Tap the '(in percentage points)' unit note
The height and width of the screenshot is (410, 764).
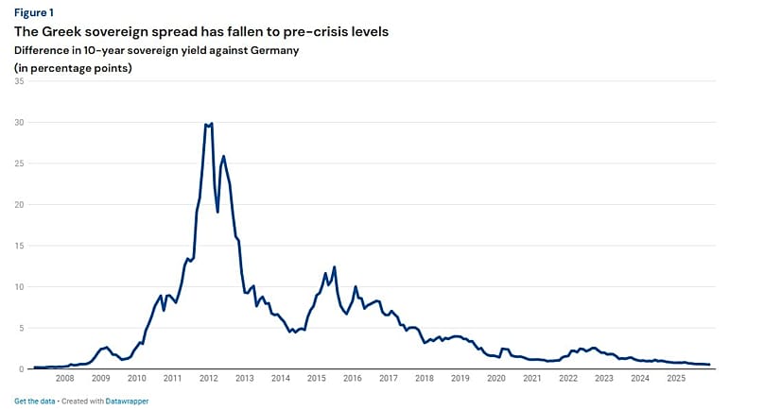pos(73,68)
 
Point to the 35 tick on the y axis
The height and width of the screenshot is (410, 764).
pos(20,81)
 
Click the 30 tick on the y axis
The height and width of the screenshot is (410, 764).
pos(20,123)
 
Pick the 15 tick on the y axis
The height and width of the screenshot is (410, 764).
pos(20,246)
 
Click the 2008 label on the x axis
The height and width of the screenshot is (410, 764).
pos(65,378)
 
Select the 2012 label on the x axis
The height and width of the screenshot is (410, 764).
pos(209,378)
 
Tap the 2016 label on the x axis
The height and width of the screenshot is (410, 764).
pos(352,378)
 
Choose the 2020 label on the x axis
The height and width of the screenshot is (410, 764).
pos(495,378)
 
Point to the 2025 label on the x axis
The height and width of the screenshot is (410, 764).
pos(675,378)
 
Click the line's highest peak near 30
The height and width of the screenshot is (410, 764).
pos(211,124)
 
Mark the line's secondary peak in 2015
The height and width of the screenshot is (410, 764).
pos(335,267)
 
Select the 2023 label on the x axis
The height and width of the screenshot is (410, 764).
pos(603,378)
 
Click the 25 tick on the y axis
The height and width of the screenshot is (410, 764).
pos(20,163)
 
